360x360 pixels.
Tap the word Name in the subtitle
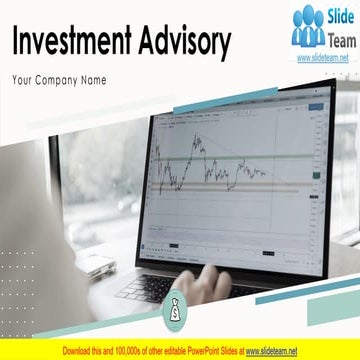[x=92, y=78]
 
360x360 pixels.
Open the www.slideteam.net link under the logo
[x=322, y=59]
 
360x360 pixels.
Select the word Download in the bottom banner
[x=79, y=352]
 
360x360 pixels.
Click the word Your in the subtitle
[x=20, y=78]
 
